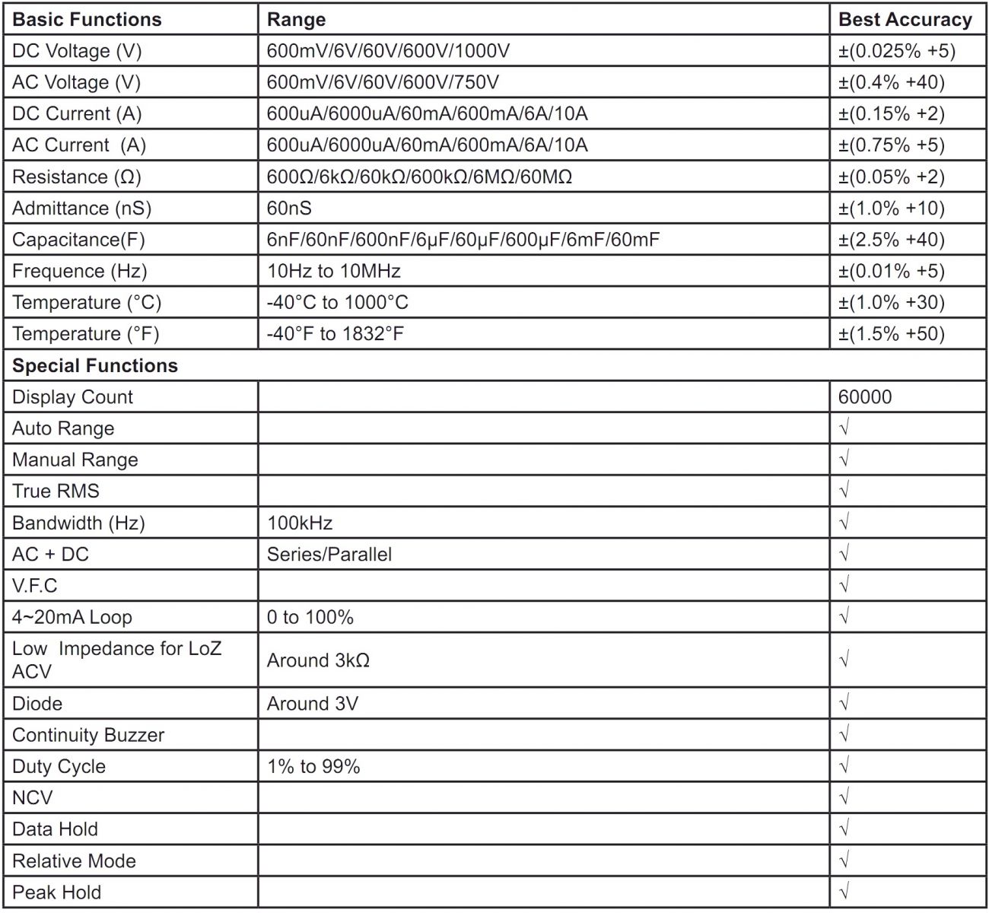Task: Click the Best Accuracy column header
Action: [905, 20]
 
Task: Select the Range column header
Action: [296, 20]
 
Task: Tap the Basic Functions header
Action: [87, 20]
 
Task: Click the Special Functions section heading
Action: [95, 366]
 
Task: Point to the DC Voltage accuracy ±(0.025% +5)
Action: [896, 51]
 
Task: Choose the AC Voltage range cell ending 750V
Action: [383, 82]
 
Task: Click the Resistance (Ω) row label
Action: [77, 177]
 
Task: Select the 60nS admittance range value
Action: [289, 208]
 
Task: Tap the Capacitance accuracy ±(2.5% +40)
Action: [891, 240]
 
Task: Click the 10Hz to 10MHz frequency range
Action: [333, 272]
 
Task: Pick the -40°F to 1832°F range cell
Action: [335, 334]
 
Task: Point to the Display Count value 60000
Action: [865, 397]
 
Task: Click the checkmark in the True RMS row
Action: [844, 491]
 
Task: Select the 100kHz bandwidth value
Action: [300, 523]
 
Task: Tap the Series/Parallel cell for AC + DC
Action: [329, 555]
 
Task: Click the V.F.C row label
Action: [35, 586]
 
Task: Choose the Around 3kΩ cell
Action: [318, 660]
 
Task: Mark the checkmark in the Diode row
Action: [844, 703]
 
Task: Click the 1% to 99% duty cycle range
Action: [313, 767]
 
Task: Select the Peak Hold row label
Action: [57, 892]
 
